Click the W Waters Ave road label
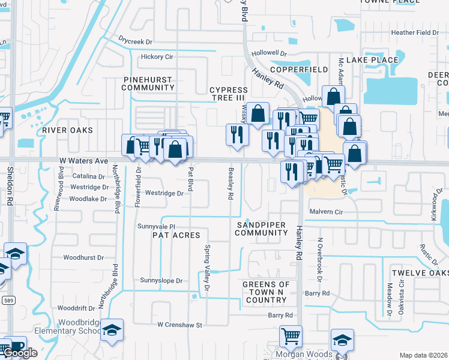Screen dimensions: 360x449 [x=83, y=161]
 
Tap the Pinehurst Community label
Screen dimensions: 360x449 [x=148, y=83]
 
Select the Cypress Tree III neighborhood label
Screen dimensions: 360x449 [x=228, y=94]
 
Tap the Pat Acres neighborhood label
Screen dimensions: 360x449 [x=177, y=235]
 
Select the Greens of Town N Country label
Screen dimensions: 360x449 [x=267, y=292]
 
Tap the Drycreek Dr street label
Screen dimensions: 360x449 [x=136, y=42]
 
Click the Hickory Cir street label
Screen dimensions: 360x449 [x=156, y=57]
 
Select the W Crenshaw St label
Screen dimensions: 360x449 [x=181, y=325]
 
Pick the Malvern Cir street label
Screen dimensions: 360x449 [x=326, y=212]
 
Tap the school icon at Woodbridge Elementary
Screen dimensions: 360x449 [x=111, y=331]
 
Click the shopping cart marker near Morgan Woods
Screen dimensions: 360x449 [x=291, y=337]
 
